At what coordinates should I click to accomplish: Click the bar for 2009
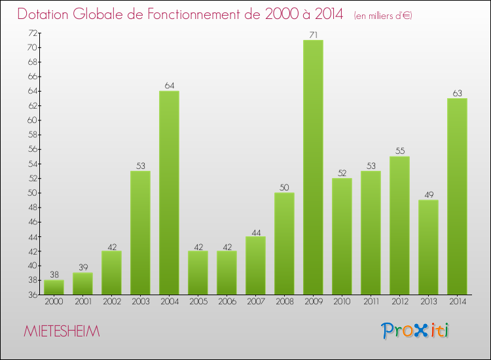[x=313, y=167]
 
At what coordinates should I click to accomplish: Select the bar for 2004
[x=169, y=192]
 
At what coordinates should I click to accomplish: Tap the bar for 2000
[x=54, y=287]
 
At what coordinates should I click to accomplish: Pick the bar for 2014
[x=457, y=196]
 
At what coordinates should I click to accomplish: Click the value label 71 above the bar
[x=313, y=35]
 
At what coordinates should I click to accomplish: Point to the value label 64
[x=169, y=85]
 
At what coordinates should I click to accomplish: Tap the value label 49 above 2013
[x=428, y=194]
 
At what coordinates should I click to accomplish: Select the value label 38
[x=54, y=274]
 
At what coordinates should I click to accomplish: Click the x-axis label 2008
[x=284, y=301]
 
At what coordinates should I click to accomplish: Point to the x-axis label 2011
[x=371, y=301]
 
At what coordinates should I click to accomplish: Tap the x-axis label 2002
[x=111, y=301]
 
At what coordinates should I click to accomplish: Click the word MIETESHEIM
[x=62, y=332]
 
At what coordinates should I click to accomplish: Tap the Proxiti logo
[x=416, y=331]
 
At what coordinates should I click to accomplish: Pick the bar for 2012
[x=399, y=225]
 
